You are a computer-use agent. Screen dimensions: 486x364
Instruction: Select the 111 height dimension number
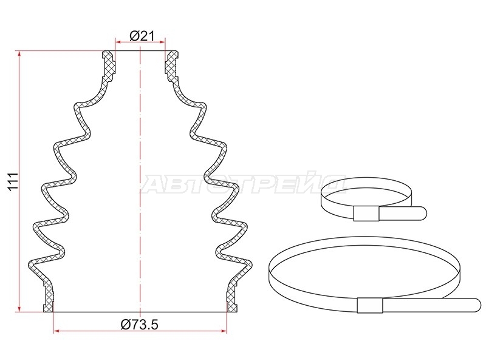[x=13, y=181]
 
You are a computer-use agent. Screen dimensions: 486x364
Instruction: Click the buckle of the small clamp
[x=366, y=214]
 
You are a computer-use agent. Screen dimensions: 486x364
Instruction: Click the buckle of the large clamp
[x=370, y=306]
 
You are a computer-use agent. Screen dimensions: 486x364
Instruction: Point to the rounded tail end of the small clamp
[x=423, y=214]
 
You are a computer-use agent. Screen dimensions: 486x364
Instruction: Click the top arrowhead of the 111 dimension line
[x=19, y=53]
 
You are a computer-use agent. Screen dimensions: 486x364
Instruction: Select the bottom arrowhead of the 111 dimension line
[x=19, y=309]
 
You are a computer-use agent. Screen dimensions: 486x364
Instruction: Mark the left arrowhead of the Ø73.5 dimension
[x=56, y=331]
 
